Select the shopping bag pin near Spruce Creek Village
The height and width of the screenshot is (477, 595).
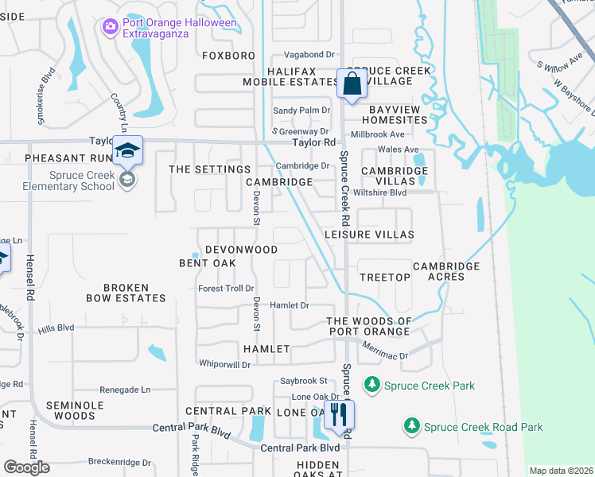tap(351, 83)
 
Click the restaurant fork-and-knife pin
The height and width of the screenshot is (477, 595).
tap(340, 414)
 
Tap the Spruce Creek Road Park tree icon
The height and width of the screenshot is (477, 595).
tap(411, 427)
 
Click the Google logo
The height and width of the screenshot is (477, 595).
tap(26, 467)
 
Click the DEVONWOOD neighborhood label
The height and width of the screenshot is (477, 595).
tap(241, 250)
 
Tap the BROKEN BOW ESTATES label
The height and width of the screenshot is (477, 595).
tap(126, 293)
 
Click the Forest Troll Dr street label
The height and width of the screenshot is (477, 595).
tap(226, 289)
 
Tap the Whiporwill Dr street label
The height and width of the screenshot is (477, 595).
tap(224, 364)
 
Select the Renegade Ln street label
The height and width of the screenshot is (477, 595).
tap(125, 390)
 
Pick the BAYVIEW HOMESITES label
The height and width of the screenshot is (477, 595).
tap(398, 114)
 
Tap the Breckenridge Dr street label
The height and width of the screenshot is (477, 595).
tap(119, 462)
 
